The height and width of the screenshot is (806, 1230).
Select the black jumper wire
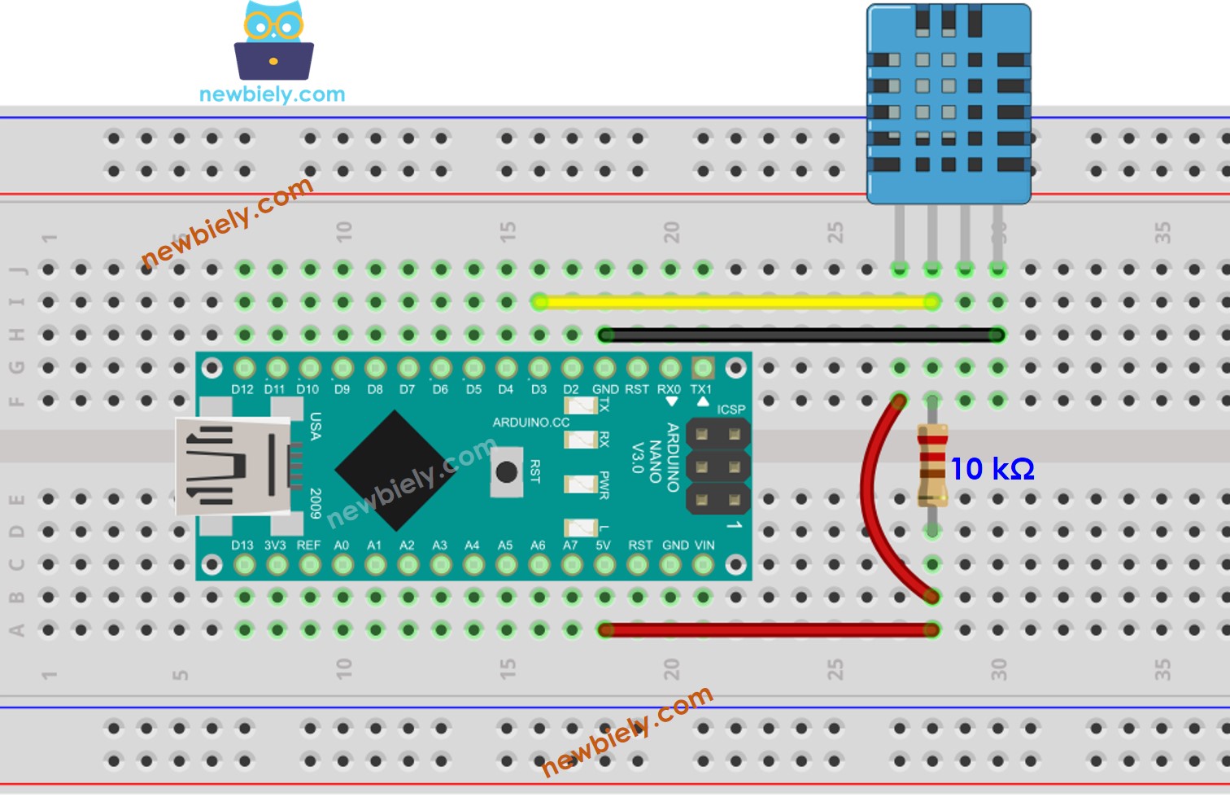pos(801,335)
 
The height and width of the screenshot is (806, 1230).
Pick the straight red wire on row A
pos(768,629)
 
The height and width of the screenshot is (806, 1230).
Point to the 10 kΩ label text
pos(992,469)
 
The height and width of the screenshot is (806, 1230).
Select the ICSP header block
pos(717,467)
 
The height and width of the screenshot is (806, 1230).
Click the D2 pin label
pos(571,390)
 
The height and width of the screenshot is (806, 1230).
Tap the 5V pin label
pos(603,545)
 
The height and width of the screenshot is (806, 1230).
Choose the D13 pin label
pos(242,545)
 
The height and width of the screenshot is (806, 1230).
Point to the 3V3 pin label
pos(275,545)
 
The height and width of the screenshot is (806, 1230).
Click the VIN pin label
pos(704,545)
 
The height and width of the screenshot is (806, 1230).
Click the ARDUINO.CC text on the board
pos(531,423)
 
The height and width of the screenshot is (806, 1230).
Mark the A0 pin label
pos(342,545)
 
